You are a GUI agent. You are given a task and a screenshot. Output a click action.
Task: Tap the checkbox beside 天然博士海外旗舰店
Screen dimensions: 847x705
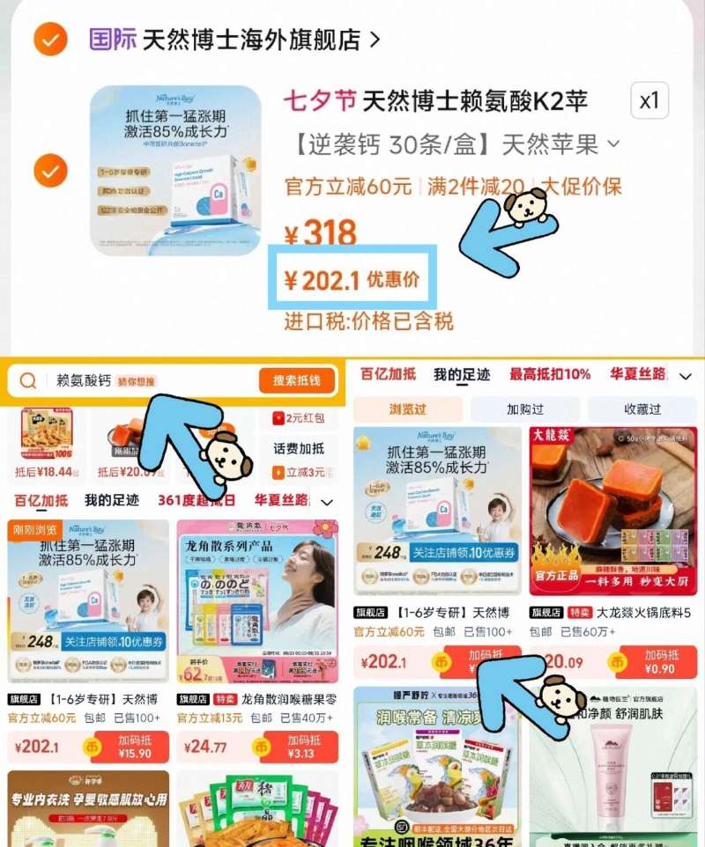point(50,40)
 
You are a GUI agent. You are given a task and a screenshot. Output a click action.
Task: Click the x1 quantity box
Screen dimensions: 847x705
point(649,102)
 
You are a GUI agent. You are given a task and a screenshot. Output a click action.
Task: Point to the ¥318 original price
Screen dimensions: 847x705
point(321,234)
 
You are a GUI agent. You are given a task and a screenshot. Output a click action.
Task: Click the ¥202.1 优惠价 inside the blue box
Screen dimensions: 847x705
point(351,280)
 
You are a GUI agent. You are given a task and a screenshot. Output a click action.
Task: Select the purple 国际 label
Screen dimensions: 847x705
point(113,40)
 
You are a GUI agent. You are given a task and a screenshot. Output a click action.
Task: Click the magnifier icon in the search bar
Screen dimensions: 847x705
point(28,380)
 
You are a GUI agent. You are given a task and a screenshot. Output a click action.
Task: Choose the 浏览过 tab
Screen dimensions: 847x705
point(407,409)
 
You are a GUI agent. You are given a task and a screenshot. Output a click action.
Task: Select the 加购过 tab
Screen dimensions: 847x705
point(524,409)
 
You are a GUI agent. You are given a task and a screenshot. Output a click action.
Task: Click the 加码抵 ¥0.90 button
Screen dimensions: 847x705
point(660,661)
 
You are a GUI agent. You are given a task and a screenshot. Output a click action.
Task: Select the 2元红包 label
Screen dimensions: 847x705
point(299,419)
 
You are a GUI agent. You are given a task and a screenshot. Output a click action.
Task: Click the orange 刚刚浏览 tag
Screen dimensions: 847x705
point(36,529)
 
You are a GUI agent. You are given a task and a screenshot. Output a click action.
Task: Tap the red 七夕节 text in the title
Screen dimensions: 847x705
point(319,102)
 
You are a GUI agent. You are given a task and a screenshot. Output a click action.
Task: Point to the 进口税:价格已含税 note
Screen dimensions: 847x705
point(368,321)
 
